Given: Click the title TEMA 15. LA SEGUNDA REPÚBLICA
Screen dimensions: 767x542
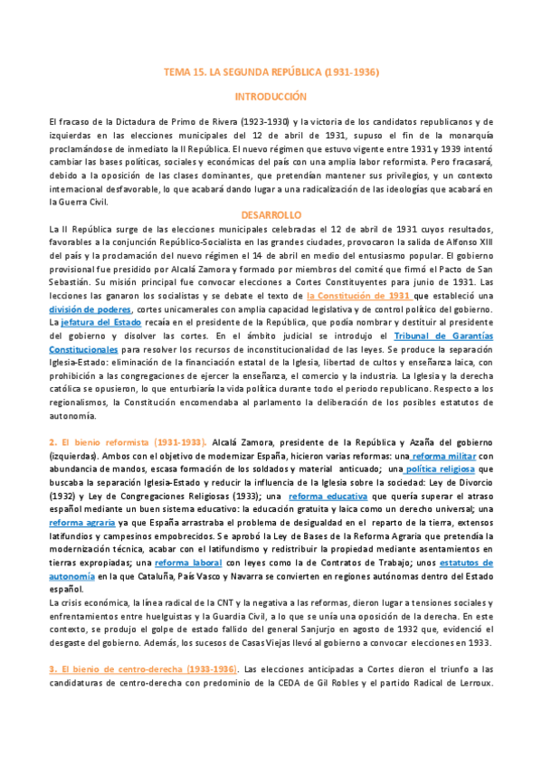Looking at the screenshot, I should (271, 71).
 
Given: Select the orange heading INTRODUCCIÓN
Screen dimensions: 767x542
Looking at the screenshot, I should (271, 96).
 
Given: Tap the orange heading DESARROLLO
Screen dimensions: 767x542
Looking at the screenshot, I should (271, 215).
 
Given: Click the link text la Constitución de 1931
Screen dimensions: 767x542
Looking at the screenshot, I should (358, 296).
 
